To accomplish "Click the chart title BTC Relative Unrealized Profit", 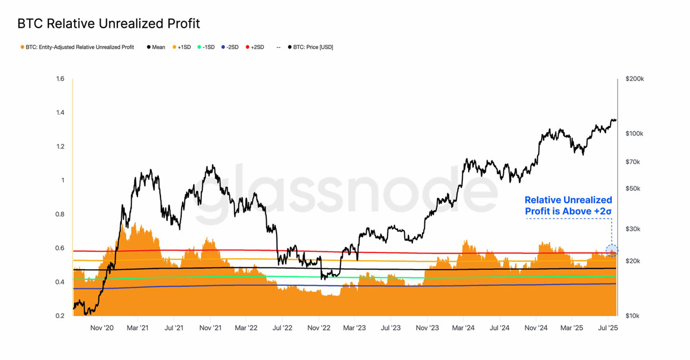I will (x=109, y=24).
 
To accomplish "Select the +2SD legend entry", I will (x=255, y=47).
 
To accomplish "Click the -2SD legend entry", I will (x=229, y=47).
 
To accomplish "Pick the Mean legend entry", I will (x=156, y=47).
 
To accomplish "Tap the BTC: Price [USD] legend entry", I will (x=310, y=47).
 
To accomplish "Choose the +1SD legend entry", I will (x=182, y=47).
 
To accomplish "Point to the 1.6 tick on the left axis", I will (x=60, y=79).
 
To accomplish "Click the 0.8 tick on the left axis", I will (x=60, y=215).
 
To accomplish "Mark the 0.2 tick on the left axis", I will (x=60, y=316).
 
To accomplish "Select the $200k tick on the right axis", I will (x=635, y=79).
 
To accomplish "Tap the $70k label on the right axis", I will (x=633, y=162).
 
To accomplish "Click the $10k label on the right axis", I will (x=633, y=316).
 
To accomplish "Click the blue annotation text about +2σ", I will (x=568, y=206).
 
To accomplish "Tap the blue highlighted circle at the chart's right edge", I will (x=612, y=251).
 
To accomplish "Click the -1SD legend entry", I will (x=205, y=47).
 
